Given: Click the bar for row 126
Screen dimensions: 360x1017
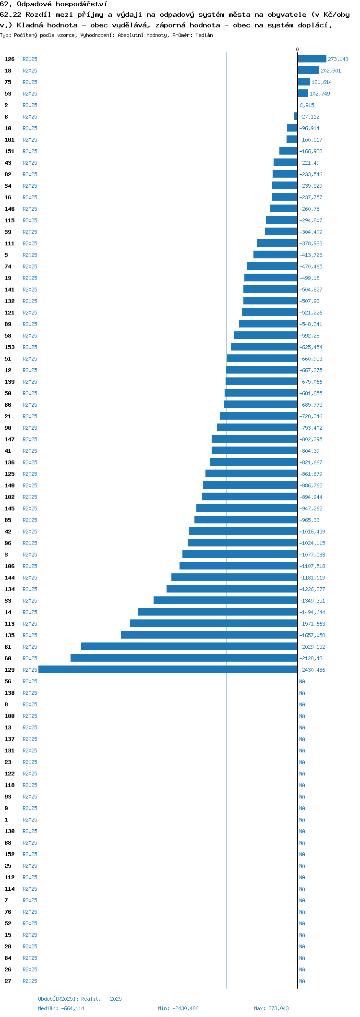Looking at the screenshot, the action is (x=312, y=59).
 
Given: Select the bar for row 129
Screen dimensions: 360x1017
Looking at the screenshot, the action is (x=168, y=670).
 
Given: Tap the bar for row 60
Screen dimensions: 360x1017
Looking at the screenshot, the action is (x=184, y=658).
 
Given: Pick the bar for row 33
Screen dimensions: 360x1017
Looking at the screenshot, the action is (x=226, y=601).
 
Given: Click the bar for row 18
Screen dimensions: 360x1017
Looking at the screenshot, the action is (x=308, y=71).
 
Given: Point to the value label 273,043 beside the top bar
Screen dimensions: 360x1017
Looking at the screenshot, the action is (x=338, y=59).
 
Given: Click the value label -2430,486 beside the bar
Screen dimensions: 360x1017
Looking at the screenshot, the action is (x=312, y=670).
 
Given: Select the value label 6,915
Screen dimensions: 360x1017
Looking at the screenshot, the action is (x=307, y=105).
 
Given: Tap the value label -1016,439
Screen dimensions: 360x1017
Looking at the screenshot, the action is (x=312, y=532).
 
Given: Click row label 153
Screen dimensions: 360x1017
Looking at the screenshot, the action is (x=10, y=347).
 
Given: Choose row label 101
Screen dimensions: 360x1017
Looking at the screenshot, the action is (x=10, y=140).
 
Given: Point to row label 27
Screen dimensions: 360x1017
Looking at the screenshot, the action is (x=8, y=981).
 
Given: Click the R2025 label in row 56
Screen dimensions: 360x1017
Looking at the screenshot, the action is (x=30, y=681).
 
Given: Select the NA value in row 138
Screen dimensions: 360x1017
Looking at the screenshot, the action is (x=302, y=693).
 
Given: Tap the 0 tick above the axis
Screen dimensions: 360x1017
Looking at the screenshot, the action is (x=297, y=49).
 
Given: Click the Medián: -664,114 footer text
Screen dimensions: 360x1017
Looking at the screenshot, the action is (x=61, y=1008).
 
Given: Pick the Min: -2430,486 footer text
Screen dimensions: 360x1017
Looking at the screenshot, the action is (x=178, y=1008).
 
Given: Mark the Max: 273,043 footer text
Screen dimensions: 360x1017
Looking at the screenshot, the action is (x=271, y=1008).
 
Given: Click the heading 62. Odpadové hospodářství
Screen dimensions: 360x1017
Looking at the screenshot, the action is (x=54, y=4).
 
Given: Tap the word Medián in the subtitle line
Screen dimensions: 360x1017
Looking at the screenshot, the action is (x=204, y=35).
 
